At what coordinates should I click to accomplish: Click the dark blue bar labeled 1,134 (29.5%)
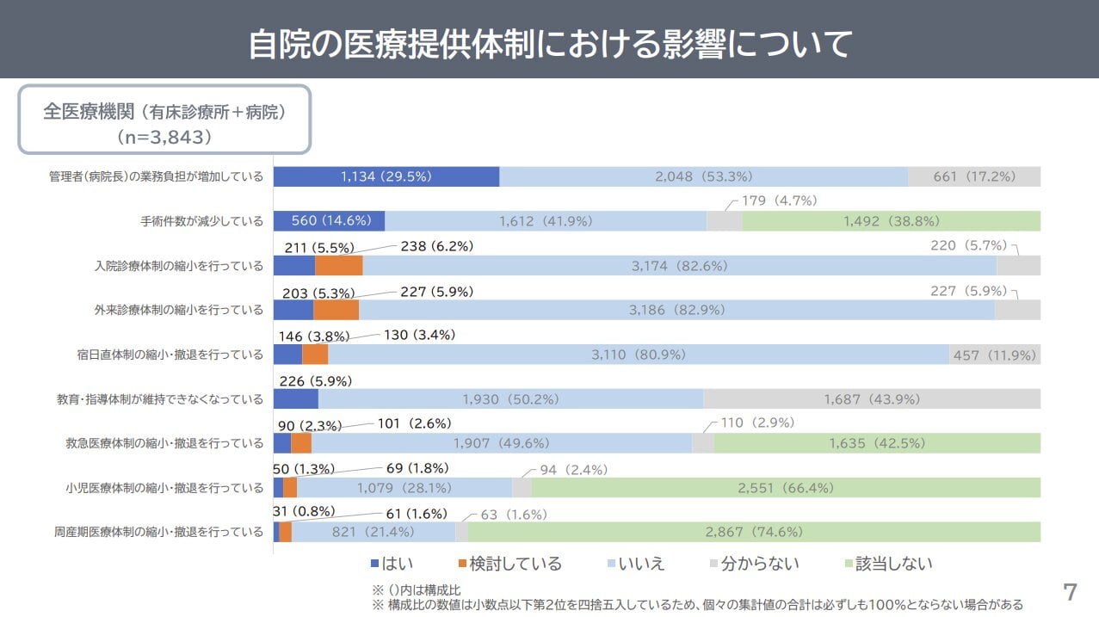386,176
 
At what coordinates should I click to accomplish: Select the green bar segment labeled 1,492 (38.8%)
891,221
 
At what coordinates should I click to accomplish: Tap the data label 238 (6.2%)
436,246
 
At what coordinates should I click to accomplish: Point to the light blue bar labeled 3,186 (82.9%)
676,310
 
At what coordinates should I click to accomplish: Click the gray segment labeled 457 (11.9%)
994,355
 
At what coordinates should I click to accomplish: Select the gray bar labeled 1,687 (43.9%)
871,399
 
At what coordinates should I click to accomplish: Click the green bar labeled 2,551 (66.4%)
785,488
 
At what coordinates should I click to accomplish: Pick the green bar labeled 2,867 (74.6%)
753,532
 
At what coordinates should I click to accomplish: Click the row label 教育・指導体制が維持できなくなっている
160,399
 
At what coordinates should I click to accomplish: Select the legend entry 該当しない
888,564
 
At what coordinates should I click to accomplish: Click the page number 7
1070,592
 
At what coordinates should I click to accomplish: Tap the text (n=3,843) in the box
164,136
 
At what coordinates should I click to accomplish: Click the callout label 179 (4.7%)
778,201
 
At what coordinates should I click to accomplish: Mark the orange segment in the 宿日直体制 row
315,355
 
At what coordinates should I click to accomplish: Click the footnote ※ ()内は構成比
417,590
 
